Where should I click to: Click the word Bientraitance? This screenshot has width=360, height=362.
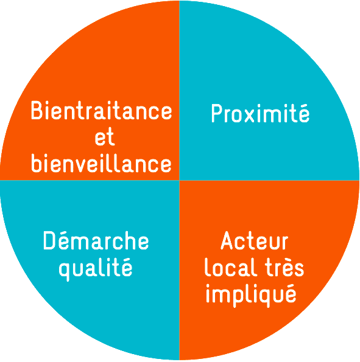coord(102,111)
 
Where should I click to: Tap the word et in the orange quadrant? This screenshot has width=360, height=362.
coord(105,137)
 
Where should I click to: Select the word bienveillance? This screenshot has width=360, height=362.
coord(101,163)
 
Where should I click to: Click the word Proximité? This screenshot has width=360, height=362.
coord(260,113)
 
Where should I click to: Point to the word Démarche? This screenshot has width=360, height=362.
coord(96,240)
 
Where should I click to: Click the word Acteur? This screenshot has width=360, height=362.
coord(255,240)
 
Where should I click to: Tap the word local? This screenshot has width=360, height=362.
coord(231,267)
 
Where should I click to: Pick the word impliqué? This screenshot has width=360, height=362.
coord(251,294)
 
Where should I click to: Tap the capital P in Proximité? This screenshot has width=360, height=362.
coord(217,113)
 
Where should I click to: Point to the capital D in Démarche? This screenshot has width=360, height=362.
coord(49,240)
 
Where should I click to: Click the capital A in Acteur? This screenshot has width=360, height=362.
coord(229,240)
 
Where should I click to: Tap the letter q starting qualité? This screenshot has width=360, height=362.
coord(65,271)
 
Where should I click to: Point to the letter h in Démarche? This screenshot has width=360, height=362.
coord(128,240)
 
